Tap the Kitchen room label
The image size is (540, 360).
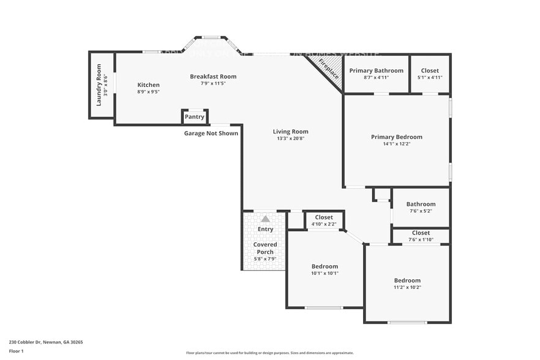(148, 85)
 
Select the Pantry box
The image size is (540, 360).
(195, 116)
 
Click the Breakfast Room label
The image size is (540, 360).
(213, 77)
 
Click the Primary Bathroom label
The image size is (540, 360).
(376, 71)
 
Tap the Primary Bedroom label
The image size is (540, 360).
(396, 137)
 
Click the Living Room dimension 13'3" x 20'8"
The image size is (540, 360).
(290, 138)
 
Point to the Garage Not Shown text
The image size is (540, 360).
(211, 133)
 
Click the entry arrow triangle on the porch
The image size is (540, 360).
(265, 218)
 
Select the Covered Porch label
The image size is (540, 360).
(265, 248)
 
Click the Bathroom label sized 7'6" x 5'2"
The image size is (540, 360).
(421, 204)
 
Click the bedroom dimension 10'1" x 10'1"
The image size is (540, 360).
(324, 273)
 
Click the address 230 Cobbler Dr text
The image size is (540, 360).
(46, 342)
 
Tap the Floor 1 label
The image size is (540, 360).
(17, 351)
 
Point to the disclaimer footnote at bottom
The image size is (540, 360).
(269, 353)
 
